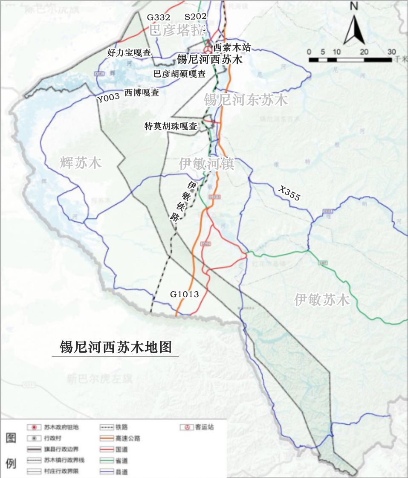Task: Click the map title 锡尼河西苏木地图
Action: (x=116, y=346)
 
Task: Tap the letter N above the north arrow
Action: (x=353, y=6)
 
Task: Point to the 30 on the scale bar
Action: (x=391, y=52)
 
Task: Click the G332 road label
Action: (x=159, y=17)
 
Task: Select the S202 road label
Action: (x=196, y=16)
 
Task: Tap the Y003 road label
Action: (x=108, y=98)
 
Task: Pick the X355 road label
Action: (x=290, y=193)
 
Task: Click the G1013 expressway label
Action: (x=185, y=294)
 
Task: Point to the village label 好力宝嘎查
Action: (x=129, y=53)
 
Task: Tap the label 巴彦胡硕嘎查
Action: (x=179, y=74)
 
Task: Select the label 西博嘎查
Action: (x=142, y=93)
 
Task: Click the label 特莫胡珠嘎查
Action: (x=171, y=126)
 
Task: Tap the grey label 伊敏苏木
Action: (x=322, y=300)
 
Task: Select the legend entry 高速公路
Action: (x=127, y=438)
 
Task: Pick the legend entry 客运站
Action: (x=204, y=427)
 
